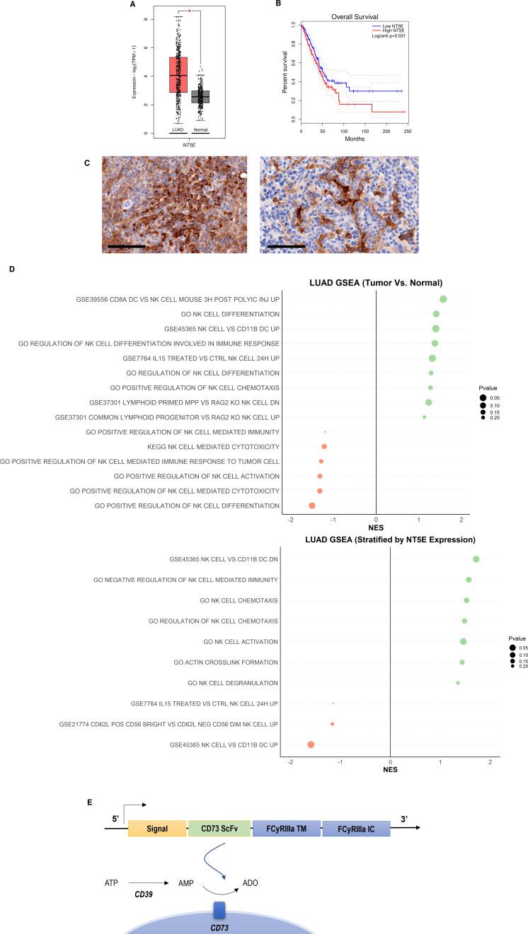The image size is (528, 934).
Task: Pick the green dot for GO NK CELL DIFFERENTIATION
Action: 436,314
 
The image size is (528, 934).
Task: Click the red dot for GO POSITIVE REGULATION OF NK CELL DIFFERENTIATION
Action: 312,506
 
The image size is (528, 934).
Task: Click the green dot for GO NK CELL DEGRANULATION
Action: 458,683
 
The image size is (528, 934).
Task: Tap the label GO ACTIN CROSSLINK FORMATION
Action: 226,662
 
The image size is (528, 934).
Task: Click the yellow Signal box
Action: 156,829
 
